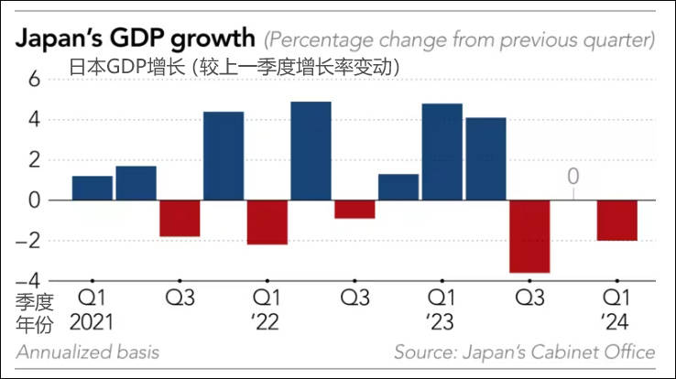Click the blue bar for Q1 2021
(92, 188)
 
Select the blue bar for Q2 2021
(136, 183)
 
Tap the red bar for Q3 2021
(180, 218)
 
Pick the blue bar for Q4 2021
(224, 156)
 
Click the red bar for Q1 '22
(267, 222)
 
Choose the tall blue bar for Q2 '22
(311, 150)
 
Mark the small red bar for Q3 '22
(354, 209)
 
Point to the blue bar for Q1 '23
(442, 151)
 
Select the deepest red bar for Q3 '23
(529, 236)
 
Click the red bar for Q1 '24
(616, 220)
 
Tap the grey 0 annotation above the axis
(572, 174)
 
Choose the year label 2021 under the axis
(92, 321)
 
